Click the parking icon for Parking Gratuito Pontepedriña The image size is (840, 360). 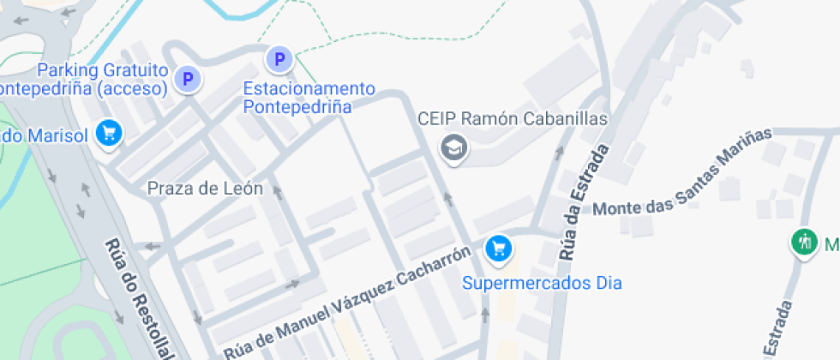(187, 80)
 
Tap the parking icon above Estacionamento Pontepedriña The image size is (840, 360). (278, 59)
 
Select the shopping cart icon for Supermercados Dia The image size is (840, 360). (498, 249)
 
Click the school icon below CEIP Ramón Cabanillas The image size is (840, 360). (453, 147)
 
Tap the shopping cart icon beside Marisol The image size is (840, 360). (109, 133)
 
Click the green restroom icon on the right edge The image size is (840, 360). (804, 242)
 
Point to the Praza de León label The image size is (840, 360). (205, 189)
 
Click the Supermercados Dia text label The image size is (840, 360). (542, 282)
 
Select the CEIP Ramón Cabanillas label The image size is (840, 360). (513, 119)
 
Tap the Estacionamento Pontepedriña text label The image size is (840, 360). (309, 98)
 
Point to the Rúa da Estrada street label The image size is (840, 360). (584, 202)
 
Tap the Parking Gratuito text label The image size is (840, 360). (102, 69)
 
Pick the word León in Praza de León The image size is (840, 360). (242, 189)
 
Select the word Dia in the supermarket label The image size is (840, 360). (607, 282)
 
